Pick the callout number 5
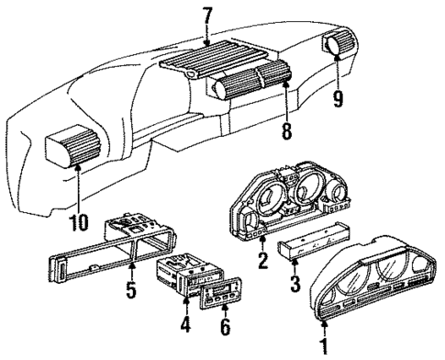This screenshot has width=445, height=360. coord(132,296)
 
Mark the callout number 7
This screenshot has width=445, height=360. coord(209,17)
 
